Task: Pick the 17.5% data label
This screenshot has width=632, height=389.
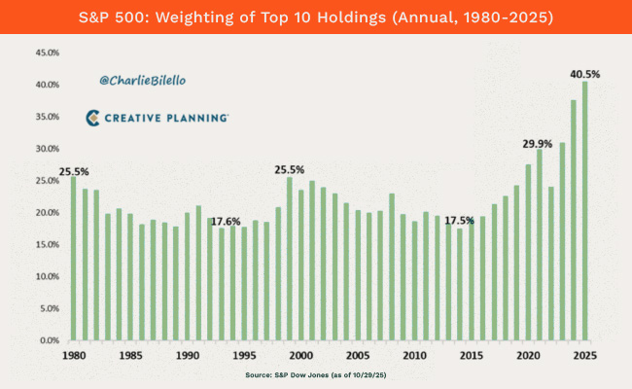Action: tap(460, 220)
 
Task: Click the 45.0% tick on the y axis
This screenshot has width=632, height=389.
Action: tap(35, 53)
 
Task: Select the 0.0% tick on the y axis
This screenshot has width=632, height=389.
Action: tap(38, 341)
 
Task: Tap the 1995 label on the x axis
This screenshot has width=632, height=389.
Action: tap(244, 356)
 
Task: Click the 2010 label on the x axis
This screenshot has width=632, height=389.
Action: tap(414, 356)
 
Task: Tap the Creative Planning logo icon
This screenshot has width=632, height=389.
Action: tap(93, 118)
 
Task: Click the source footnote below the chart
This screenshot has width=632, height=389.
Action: tap(316, 374)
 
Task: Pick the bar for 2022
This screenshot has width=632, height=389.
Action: tap(550, 264)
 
